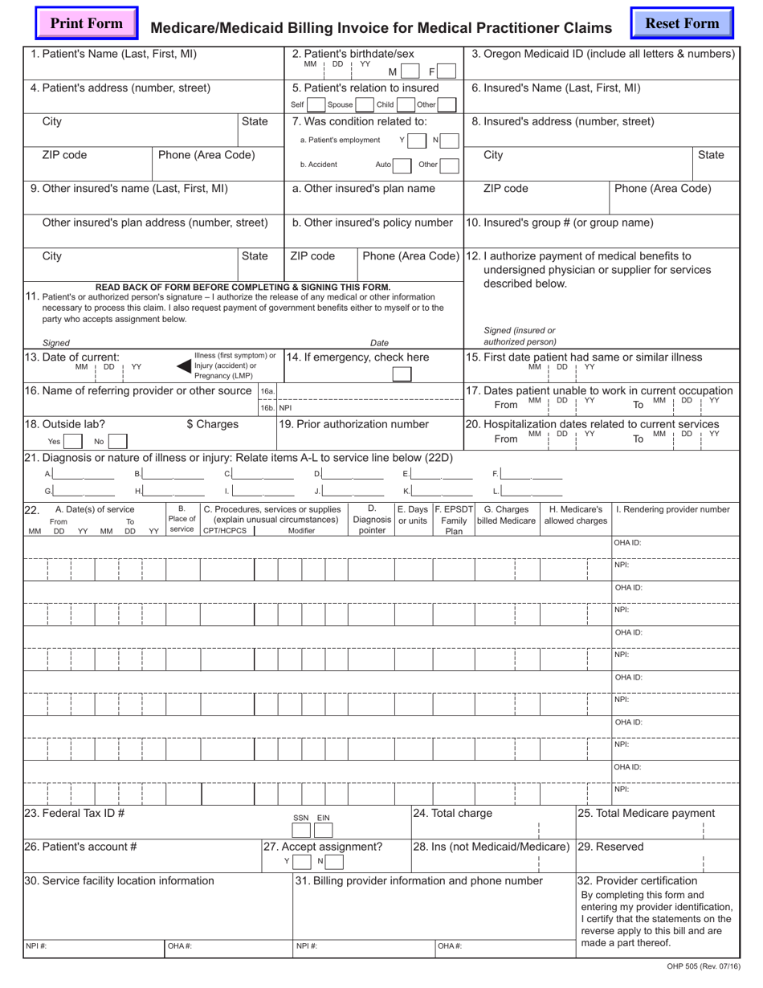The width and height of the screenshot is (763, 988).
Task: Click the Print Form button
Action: (x=87, y=24)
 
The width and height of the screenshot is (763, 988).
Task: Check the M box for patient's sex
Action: (x=410, y=71)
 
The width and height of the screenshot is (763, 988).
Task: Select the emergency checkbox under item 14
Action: (x=402, y=374)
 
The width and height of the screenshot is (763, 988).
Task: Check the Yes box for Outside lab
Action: (x=73, y=441)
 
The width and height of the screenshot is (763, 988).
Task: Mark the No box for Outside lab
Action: (x=117, y=441)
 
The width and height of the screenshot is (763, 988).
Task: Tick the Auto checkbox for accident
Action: (x=402, y=165)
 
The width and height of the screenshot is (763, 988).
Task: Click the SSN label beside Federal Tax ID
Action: (x=300, y=818)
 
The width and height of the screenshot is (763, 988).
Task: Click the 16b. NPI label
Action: (x=275, y=408)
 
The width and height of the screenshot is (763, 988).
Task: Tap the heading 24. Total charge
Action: (x=452, y=813)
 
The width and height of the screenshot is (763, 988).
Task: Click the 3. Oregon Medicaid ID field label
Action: (x=602, y=54)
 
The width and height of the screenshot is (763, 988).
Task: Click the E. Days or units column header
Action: (x=413, y=515)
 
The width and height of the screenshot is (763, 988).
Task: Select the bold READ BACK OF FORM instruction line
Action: (x=243, y=287)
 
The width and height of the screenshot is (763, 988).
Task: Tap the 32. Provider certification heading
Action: (x=638, y=880)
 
